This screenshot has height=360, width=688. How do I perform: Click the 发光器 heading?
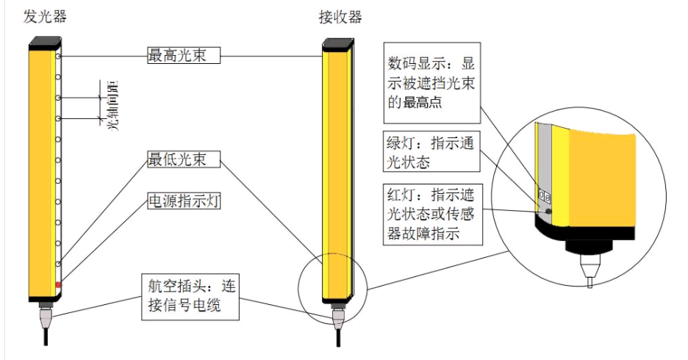point(45,17)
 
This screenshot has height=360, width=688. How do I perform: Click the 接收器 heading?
point(340,17)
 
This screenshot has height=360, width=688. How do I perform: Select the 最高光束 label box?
point(184,55)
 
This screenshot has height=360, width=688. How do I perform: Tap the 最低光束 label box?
point(184,159)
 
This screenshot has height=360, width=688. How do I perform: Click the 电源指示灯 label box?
point(184,201)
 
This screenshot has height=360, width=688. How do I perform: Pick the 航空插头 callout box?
point(190,297)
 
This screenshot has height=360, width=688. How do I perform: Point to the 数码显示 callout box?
point(432,83)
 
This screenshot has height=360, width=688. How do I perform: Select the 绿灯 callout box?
point(431,152)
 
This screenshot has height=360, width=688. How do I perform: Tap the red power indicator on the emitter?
point(58,285)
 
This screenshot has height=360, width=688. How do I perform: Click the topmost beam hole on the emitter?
point(58,56)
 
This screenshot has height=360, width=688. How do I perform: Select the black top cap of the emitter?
point(45,42)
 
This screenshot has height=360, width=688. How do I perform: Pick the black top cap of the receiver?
point(338,45)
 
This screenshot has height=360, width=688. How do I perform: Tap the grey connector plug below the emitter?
point(45,318)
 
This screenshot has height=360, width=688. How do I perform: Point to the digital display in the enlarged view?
point(544,195)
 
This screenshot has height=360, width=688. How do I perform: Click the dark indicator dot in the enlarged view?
point(548,211)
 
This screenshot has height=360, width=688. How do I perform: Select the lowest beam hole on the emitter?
point(58,264)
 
